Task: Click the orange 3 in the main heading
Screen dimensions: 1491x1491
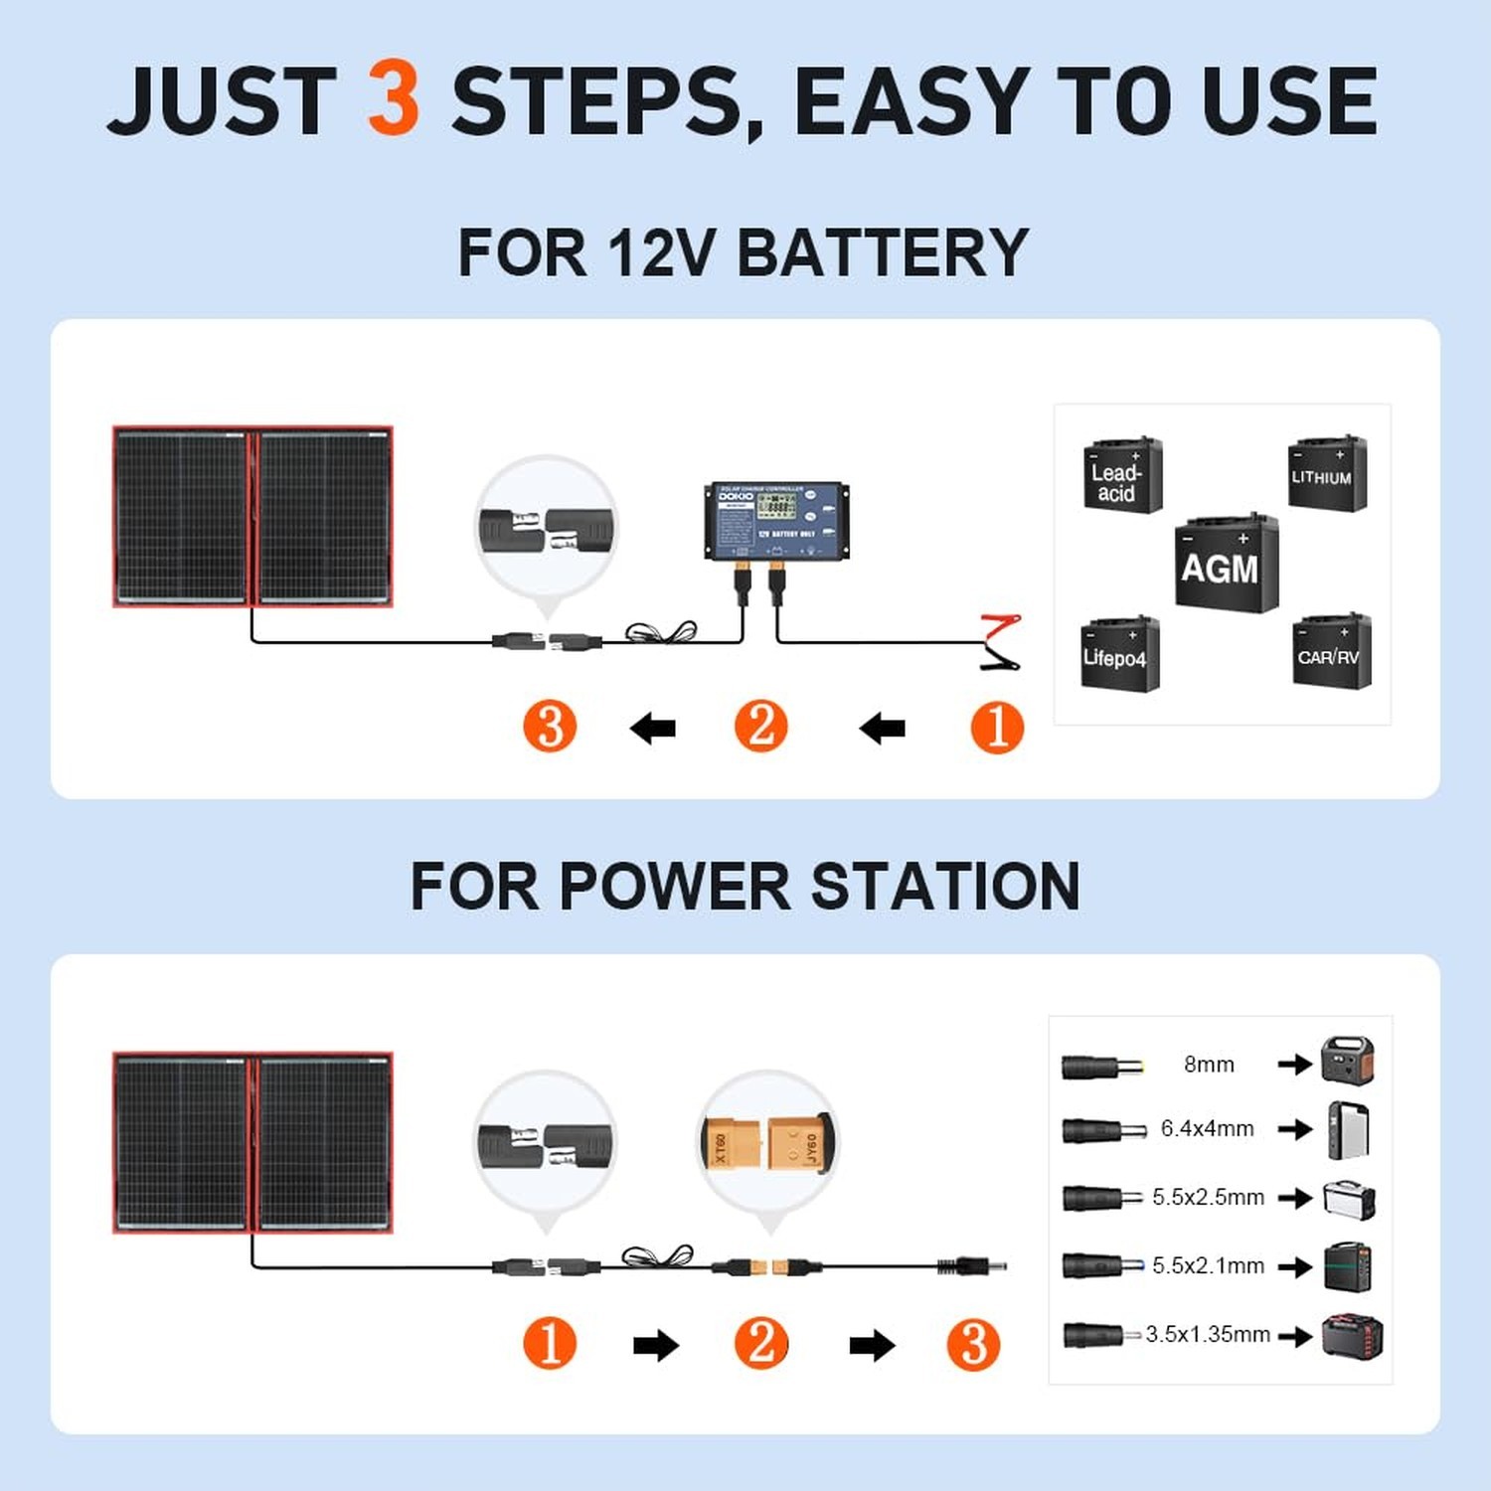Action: pos(394,98)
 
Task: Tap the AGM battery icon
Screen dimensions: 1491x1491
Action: pos(1225,564)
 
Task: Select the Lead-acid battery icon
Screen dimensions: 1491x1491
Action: pos(1121,476)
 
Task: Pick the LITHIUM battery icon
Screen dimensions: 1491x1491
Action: pos(1326,474)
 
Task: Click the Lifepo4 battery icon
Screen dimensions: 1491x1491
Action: pos(1119,654)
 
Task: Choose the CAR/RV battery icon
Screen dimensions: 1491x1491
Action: pos(1331,651)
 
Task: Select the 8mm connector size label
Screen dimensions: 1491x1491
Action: pos(1209,1065)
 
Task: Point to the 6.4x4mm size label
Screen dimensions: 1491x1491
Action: pos(1207,1129)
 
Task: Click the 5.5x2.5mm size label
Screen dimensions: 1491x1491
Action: pos(1208,1198)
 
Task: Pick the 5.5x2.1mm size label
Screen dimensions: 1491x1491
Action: pos(1208,1266)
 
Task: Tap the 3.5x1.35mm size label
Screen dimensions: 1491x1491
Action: pos(1207,1335)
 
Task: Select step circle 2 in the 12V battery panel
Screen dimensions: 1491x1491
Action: pos(760,727)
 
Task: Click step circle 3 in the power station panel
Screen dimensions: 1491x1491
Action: pos(972,1345)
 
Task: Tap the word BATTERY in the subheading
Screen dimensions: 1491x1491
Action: pos(882,253)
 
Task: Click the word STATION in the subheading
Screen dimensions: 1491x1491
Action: pos(944,887)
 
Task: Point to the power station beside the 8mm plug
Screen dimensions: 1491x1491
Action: pos(1347,1061)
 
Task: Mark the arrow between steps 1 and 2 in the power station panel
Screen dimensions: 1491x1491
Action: pos(655,1346)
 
